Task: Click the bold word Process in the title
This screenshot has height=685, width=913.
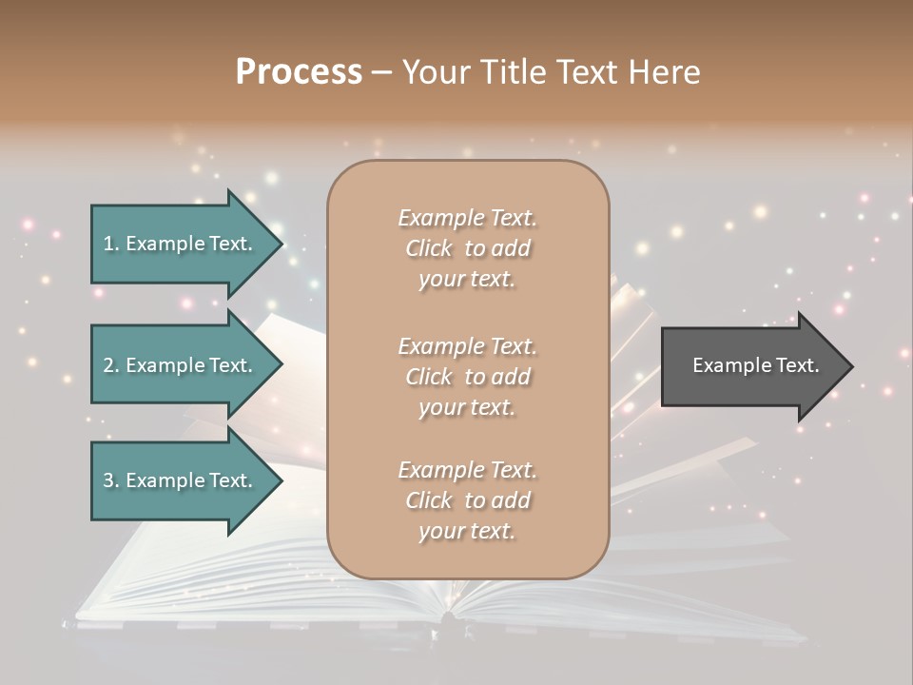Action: click(x=299, y=72)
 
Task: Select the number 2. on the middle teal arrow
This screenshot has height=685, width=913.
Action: click(x=111, y=365)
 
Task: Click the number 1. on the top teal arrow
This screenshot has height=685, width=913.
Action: click(x=111, y=244)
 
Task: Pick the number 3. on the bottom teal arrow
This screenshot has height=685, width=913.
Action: click(x=111, y=480)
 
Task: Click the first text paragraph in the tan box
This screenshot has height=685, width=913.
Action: click(x=467, y=248)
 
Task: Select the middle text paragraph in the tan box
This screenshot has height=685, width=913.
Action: click(x=467, y=377)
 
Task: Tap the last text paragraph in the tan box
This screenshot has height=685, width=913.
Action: click(x=467, y=500)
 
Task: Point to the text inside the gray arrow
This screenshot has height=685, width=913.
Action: click(x=756, y=365)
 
